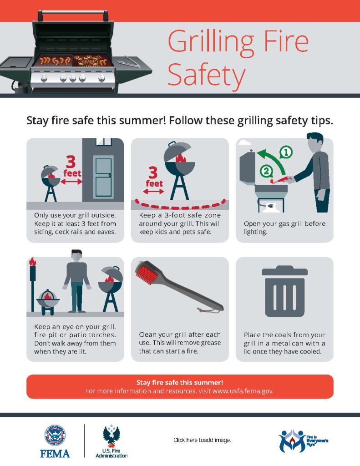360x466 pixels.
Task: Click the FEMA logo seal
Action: coord(55,436)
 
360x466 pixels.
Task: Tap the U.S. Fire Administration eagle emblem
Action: coord(112,436)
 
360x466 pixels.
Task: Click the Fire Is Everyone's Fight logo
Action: coord(303,441)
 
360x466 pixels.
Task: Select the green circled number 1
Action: coord(286,152)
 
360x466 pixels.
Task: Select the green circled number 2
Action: coord(266,171)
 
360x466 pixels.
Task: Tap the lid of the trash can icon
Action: coord(285,271)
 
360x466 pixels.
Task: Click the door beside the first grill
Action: coord(103,177)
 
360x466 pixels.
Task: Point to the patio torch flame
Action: coord(32,261)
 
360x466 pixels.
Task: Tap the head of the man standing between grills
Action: coord(76,255)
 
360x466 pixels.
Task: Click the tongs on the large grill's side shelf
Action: coord(129,61)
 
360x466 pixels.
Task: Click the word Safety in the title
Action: coord(207,75)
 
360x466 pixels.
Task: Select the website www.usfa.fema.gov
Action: coord(243,391)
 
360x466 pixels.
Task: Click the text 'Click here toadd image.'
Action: coord(202,440)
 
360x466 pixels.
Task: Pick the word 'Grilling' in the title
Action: coord(211,42)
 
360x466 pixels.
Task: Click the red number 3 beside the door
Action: coord(71,162)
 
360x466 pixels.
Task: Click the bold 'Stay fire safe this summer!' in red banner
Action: coord(180,382)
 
